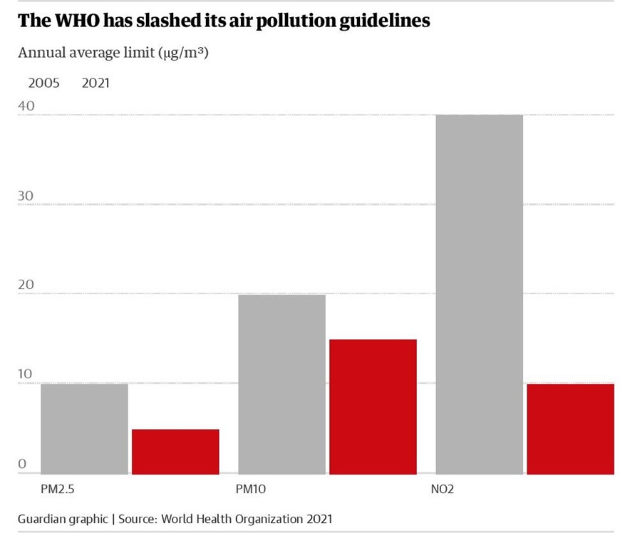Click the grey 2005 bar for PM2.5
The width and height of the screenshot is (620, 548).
point(84,429)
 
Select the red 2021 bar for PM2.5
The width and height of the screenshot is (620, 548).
point(175,452)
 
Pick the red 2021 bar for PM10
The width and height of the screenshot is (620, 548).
point(373,407)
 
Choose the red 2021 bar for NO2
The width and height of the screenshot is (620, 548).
point(570,429)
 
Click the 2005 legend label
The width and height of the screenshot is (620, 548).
point(43,83)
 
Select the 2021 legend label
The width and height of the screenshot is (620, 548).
point(95,83)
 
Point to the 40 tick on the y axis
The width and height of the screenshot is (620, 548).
point(26,106)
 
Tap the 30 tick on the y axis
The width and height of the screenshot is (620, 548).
point(26,196)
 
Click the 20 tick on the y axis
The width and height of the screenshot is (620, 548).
point(26,285)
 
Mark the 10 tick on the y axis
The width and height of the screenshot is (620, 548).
point(26,375)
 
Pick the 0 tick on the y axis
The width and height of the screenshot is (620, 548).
point(22,465)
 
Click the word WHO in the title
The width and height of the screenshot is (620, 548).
point(77,21)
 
